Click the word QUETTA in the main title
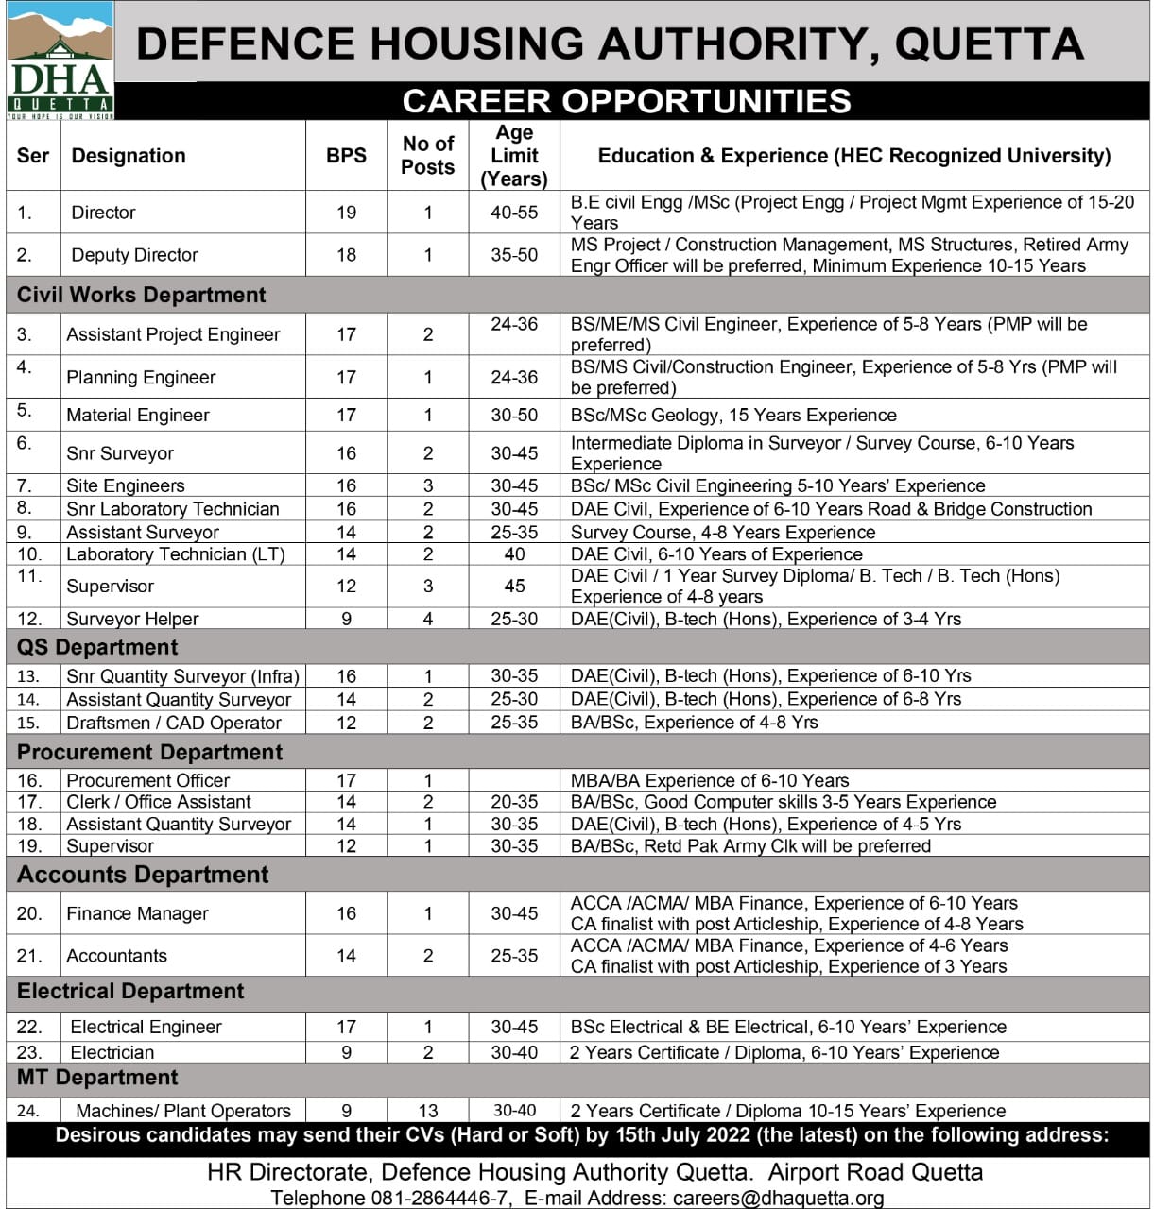(x=989, y=44)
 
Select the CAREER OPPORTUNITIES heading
(x=626, y=101)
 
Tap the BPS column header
(x=346, y=156)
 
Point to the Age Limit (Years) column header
(x=514, y=156)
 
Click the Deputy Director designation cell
(x=134, y=255)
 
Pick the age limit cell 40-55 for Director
(x=514, y=213)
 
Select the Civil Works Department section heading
(x=142, y=295)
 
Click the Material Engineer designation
(x=138, y=415)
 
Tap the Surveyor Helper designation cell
(x=132, y=619)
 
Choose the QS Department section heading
(x=97, y=647)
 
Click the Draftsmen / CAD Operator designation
(x=174, y=723)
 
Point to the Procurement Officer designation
(x=148, y=780)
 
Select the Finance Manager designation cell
(x=137, y=913)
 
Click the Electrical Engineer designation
(x=146, y=1027)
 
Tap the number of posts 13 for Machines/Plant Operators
(x=428, y=1111)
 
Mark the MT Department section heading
(x=97, y=1078)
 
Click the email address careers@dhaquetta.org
(x=778, y=1198)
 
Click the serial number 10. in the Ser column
(x=29, y=554)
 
